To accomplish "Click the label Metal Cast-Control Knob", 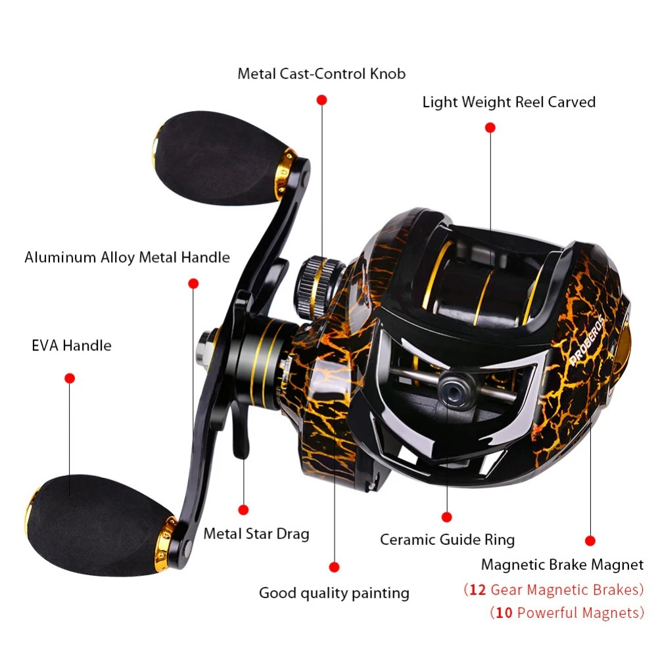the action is pos(321,73).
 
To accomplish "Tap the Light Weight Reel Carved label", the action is pos(509,102).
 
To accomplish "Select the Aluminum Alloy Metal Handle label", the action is pos(127,257).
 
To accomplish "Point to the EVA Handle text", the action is pos(72,345).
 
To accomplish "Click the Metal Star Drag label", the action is pos(256,533).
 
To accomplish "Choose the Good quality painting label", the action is pos(334,593).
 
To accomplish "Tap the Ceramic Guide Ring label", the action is pos(447,540).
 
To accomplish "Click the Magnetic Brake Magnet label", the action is pos(562,564).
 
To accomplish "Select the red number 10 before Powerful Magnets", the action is pos(504,613).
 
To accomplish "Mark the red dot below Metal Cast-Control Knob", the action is pos(321,100).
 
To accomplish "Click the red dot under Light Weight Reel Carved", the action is pos(490,128).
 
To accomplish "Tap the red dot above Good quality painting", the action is pos(334,567).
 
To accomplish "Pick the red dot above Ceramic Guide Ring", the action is pos(447,517).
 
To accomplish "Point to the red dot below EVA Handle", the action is pos(70,378).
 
